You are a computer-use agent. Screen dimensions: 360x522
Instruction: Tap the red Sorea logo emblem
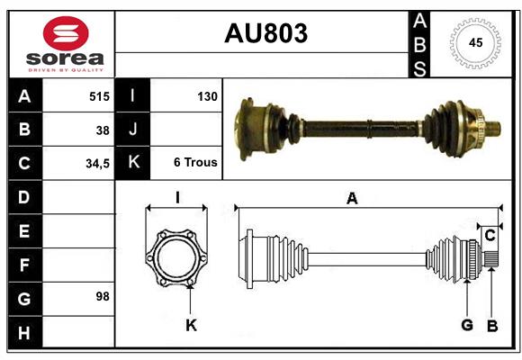click(66, 33)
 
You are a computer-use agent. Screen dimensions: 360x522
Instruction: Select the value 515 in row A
click(99, 94)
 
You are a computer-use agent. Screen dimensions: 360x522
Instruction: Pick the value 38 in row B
click(103, 130)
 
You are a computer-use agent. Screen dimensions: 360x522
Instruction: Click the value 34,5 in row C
click(97, 164)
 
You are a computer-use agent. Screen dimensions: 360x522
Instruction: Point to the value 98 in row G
click(103, 295)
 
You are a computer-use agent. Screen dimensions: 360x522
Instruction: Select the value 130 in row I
click(207, 94)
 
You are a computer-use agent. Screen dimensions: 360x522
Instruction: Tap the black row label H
click(23, 334)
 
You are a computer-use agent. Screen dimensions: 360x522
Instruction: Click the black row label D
click(23, 196)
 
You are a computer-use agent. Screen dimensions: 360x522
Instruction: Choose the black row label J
click(132, 130)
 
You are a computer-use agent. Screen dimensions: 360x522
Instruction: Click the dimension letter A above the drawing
click(352, 200)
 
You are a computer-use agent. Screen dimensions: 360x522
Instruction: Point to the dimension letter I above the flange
click(177, 197)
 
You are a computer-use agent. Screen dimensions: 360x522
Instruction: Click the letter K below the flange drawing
click(191, 326)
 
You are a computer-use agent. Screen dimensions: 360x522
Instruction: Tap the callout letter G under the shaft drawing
click(466, 326)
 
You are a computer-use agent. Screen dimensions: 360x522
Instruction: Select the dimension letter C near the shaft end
click(490, 235)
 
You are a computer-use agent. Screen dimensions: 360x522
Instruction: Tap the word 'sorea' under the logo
click(66, 59)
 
